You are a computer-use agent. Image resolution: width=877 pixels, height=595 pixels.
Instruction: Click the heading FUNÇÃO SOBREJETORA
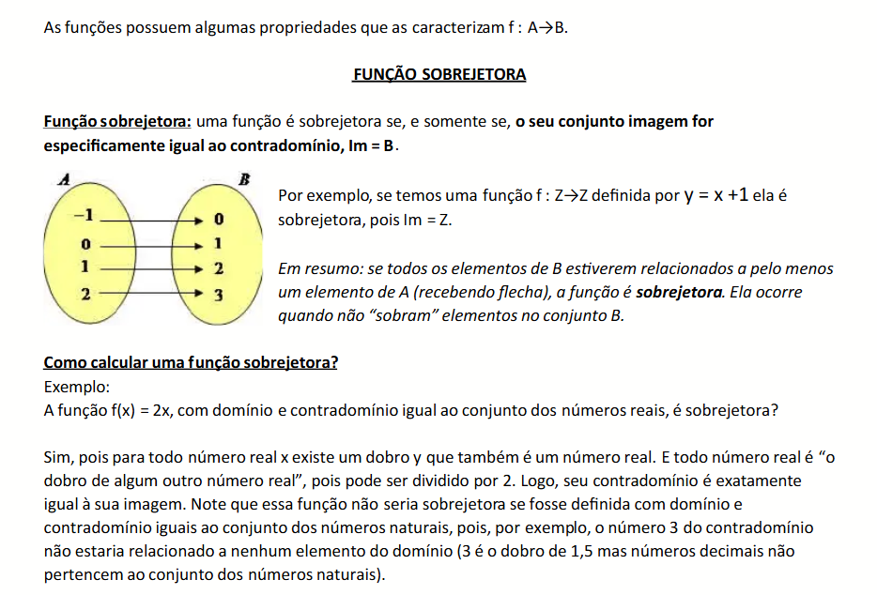coord(438,74)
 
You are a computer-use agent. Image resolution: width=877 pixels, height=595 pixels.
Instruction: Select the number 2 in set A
coord(85,294)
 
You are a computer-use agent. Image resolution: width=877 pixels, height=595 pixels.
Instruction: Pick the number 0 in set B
coord(218,219)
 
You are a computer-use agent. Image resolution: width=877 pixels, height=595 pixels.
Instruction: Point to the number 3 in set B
coord(218,295)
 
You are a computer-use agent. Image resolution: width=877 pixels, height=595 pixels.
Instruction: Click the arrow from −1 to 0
coord(150,219)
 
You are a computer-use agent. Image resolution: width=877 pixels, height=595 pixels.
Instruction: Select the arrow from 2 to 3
coord(150,294)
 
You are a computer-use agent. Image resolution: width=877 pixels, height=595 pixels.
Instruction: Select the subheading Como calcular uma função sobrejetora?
coord(191,363)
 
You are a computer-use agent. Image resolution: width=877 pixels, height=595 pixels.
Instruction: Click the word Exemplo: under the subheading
coord(77,386)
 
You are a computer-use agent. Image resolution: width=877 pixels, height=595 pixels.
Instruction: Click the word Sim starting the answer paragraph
coord(57,457)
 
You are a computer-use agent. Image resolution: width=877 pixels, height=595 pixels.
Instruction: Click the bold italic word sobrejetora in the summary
coord(679,292)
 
